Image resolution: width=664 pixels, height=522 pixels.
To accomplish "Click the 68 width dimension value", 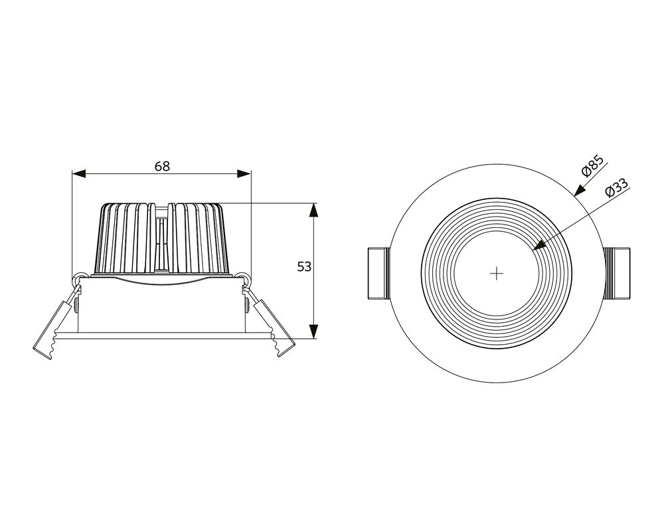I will (162, 166).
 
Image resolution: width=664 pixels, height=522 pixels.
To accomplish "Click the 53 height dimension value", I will (303, 267).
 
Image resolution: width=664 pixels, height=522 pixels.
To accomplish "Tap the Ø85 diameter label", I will (592, 165).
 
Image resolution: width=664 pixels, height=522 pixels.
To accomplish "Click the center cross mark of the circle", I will (497, 274).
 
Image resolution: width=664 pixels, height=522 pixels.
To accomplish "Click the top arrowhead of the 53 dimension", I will (315, 211).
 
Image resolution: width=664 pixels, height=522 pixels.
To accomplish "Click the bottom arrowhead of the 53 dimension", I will (315, 331).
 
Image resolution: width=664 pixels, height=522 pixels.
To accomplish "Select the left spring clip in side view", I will (53, 329).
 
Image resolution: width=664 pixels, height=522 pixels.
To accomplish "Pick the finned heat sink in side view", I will (162, 239).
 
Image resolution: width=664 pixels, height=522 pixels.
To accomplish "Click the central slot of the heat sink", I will (161, 239).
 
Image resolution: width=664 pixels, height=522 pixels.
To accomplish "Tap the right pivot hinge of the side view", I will (246, 278).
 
